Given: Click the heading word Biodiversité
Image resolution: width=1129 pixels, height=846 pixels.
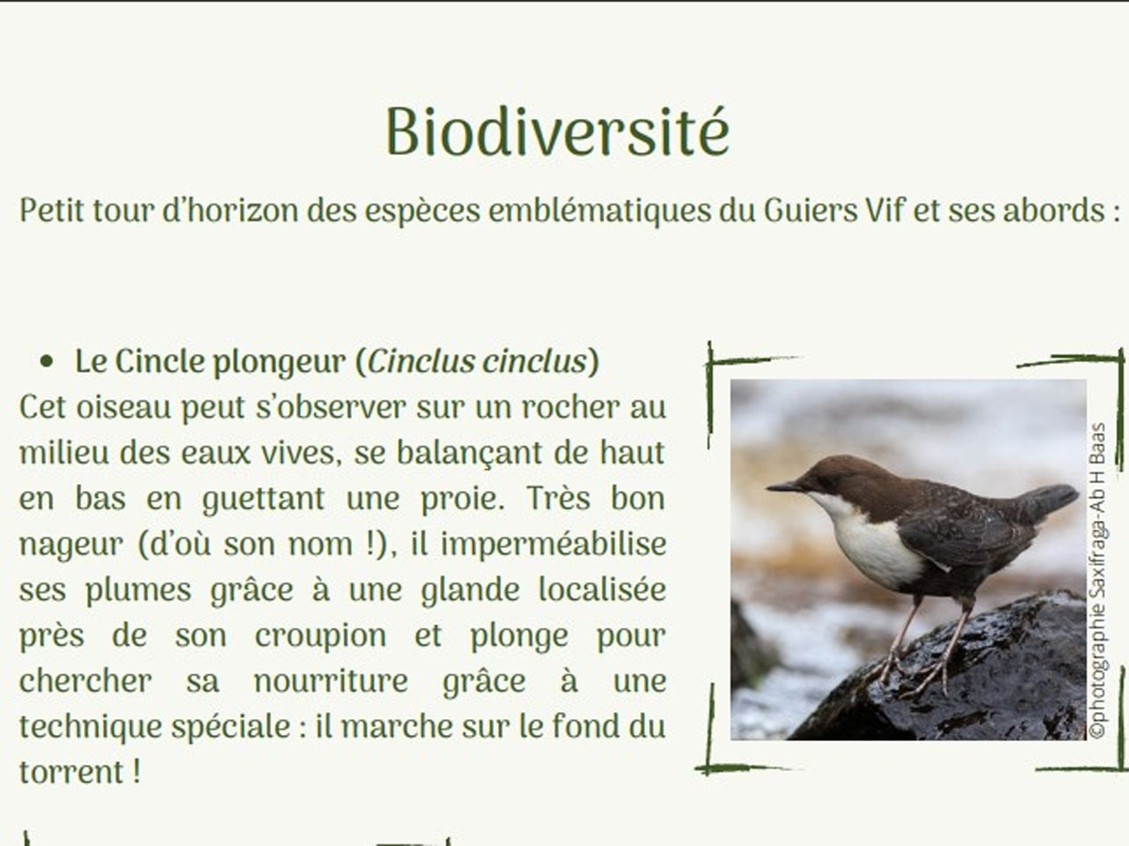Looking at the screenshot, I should (x=557, y=132).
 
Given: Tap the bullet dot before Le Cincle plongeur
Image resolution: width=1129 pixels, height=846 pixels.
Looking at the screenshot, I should (x=48, y=361).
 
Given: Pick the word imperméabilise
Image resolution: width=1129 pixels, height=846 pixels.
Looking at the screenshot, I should (x=553, y=544).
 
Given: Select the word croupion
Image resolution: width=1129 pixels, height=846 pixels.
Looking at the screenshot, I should (x=320, y=635).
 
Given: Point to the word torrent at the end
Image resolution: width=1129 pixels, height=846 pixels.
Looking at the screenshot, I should (x=71, y=773).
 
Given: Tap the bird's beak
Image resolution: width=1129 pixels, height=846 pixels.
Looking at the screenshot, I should (x=783, y=486).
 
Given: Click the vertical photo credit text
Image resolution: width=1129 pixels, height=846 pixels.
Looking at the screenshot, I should (x=1097, y=582).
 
